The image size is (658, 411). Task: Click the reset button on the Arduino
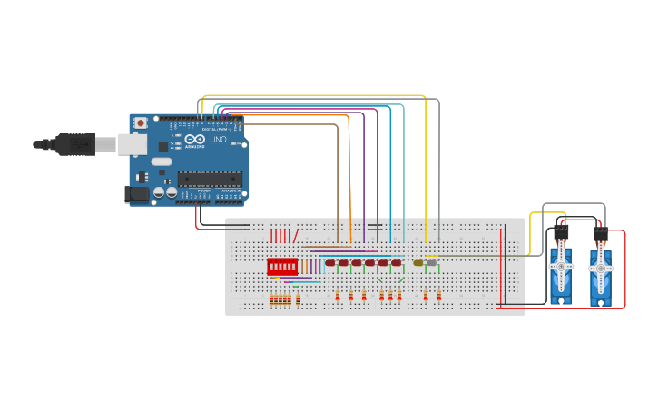click(x=141, y=122)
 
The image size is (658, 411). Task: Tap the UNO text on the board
click(x=219, y=140)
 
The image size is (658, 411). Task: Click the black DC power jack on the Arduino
click(x=137, y=193)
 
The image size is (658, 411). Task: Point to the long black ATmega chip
click(x=210, y=178)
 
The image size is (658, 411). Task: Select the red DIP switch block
click(x=282, y=267)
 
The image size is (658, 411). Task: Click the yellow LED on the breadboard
click(x=418, y=263)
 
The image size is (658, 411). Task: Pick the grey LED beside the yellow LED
click(x=431, y=263)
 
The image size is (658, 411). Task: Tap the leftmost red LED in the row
click(x=330, y=263)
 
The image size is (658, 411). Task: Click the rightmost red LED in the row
click(x=396, y=263)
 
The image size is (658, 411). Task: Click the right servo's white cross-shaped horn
click(x=600, y=269)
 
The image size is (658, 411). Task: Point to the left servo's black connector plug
click(x=561, y=232)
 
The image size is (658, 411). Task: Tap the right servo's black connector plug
click(x=600, y=233)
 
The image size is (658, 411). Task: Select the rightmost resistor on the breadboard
click(x=438, y=297)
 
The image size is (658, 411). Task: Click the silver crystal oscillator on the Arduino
click(x=162, y=161)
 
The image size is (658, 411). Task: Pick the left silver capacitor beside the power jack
click(x=159, y=191)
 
